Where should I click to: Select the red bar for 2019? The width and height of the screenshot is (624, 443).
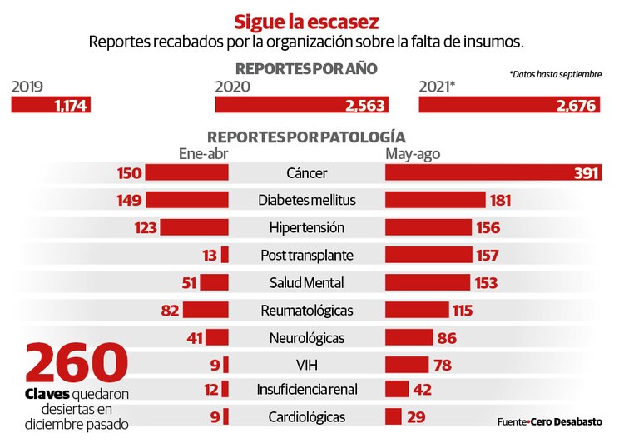click(x=50, y=105)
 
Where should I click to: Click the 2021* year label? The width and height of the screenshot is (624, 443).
click(x=437, y=86)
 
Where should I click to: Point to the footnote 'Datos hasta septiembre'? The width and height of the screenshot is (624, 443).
click(x=555, y=74)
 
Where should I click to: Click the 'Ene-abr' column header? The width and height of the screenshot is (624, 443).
click(x=202, y=154)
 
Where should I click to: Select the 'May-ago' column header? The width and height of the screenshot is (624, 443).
click(x=412, y=154)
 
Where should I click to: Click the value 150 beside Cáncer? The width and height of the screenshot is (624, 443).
click(x=131, y=173)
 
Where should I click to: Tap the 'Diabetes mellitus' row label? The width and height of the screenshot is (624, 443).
click(x=306, y=201)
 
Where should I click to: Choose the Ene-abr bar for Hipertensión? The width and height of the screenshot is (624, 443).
click(x=194, y=228)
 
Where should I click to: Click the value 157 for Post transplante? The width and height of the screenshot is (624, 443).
click(x=488, y=255)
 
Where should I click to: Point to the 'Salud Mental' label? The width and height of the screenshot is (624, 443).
click(x=306, y=282)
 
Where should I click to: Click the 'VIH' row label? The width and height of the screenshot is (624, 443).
click(x=306, y=365)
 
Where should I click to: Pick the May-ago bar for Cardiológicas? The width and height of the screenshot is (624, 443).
click(x=394, y=416)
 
